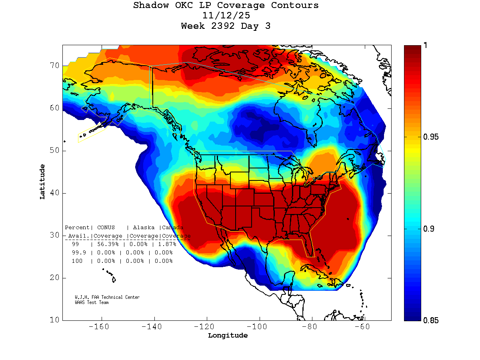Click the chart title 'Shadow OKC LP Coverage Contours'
(x=226, y=6)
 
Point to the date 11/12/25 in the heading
(x=226, y=16)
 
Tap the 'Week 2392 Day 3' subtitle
(x=226, y=26)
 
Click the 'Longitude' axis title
(x=228, y=336)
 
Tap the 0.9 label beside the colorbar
(x=428, y=229)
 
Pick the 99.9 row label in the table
(x=78, y=253)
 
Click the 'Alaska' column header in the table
(x=144, y=228)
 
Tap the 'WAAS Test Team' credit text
(x=92, y=302)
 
